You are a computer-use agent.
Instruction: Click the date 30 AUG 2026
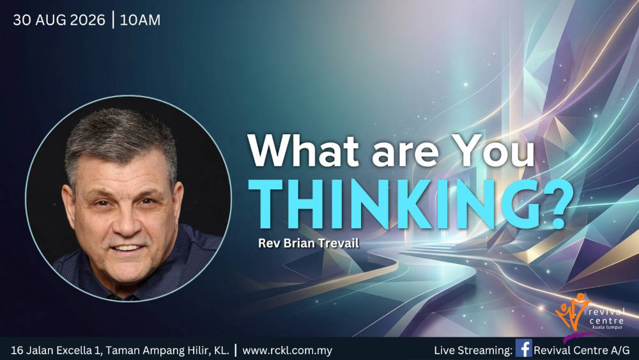pos(59,20)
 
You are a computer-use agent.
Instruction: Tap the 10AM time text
pos(140,20)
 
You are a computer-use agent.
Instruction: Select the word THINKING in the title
pos(374,204)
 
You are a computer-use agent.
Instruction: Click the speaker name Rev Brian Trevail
pos(309,244)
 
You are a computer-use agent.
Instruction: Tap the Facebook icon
pos(523,348)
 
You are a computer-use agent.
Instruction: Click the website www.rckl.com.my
pos(288,350)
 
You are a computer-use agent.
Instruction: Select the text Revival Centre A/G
pos(581,350)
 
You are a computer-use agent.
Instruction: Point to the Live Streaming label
pos(473,350)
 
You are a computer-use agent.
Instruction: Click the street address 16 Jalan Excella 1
pos(56,350)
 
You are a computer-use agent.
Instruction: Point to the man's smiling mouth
pos(127,247)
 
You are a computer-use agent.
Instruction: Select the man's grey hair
pos(121,141)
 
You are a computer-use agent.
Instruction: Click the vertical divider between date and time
pos(112,20)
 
